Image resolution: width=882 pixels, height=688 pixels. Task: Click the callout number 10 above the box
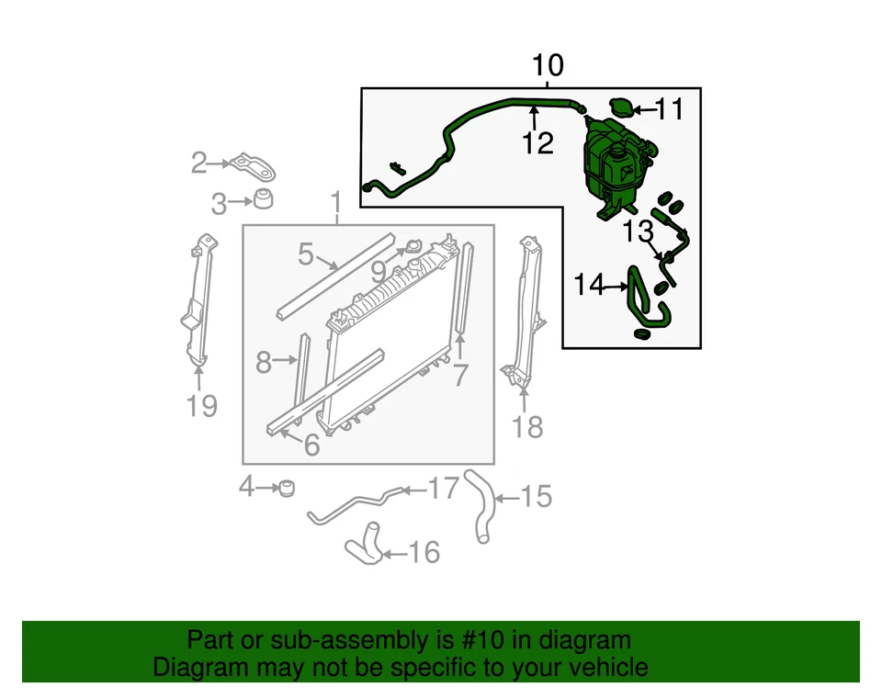tap(548, 66)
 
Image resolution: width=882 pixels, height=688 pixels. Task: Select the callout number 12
tap(538, 144)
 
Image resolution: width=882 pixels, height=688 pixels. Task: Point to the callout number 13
tap(637, 232)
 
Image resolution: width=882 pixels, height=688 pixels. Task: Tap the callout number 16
tap(424, 552)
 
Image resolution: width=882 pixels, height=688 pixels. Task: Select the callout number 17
tap(443, 489)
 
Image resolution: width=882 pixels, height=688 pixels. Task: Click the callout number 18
tap(526, 426)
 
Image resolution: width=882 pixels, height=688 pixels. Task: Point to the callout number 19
tap(201, 404)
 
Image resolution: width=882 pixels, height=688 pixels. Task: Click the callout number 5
tap(306, 254)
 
